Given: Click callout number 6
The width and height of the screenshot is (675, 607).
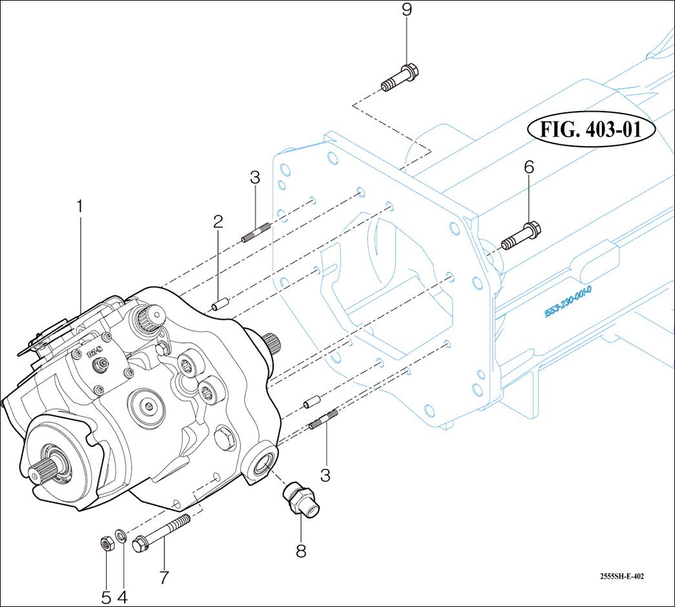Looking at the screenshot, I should tap(529, 167).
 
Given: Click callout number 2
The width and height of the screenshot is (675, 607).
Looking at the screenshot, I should tap(218, 222).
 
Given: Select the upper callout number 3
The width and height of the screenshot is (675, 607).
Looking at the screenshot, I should tap(255, 178).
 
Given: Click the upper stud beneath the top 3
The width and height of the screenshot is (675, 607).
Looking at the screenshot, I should tap(256, 232).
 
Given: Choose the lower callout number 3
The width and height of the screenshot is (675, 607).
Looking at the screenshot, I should tap(325, 475).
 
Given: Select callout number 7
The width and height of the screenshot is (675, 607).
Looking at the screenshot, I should tap(163, 577).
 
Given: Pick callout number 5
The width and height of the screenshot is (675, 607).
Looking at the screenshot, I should tap(106, 597).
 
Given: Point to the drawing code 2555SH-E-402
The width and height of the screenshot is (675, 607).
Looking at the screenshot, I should tap(621, 577).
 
